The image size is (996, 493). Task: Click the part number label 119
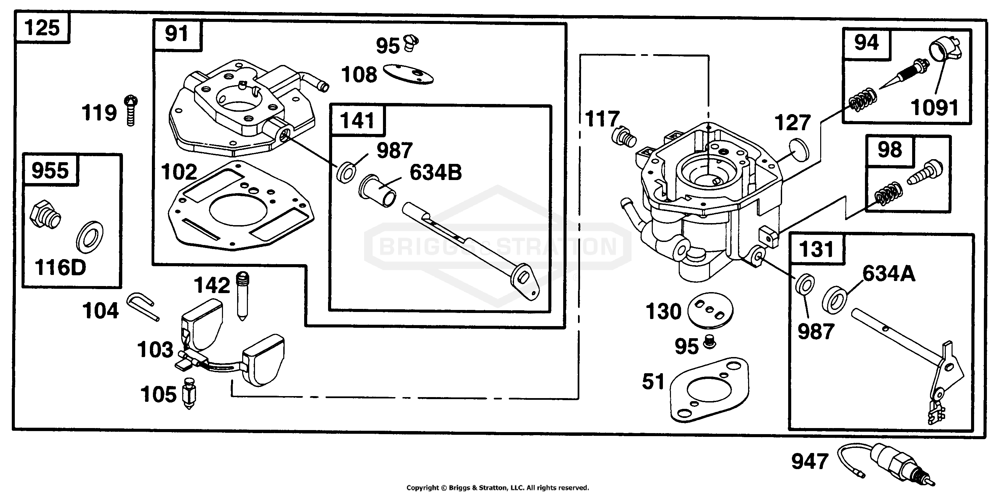pos(99,113)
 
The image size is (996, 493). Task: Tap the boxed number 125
pos(42,28)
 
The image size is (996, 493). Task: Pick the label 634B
pos(436,172)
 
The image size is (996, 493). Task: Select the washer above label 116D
pos(90,237)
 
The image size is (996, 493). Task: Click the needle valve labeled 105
pos(189,393)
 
